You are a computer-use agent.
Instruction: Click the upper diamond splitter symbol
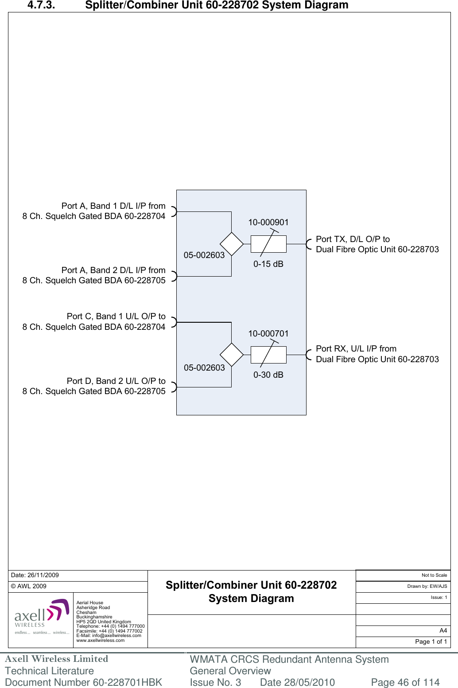coord(232,244)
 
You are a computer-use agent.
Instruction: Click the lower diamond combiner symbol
coord(232,355)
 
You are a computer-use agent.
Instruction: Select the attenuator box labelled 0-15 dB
coord(268,244)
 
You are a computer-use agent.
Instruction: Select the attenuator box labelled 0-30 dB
coord(268,355)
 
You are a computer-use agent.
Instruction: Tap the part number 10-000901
coord(268,223)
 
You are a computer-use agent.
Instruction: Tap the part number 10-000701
coord(268,334)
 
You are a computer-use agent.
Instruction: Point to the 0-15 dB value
coord(268,264)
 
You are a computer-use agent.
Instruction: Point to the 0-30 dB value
coord(268,375)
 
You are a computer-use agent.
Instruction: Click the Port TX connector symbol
coord(309,244)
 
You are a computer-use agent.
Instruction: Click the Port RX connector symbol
coord(309,355)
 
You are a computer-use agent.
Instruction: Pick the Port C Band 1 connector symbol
coord(174,322)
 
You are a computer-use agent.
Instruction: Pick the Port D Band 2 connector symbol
coord(174,387)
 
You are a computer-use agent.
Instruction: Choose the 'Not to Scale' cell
coord(434,575)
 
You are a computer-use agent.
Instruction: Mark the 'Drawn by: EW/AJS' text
coord(427,586)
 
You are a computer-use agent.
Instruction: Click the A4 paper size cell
coord(443,631)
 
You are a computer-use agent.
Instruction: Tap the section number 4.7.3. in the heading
coord(41,5)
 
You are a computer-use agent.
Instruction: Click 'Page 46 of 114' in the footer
coord(405,682)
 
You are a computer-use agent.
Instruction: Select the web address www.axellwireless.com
coord(101,641)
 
